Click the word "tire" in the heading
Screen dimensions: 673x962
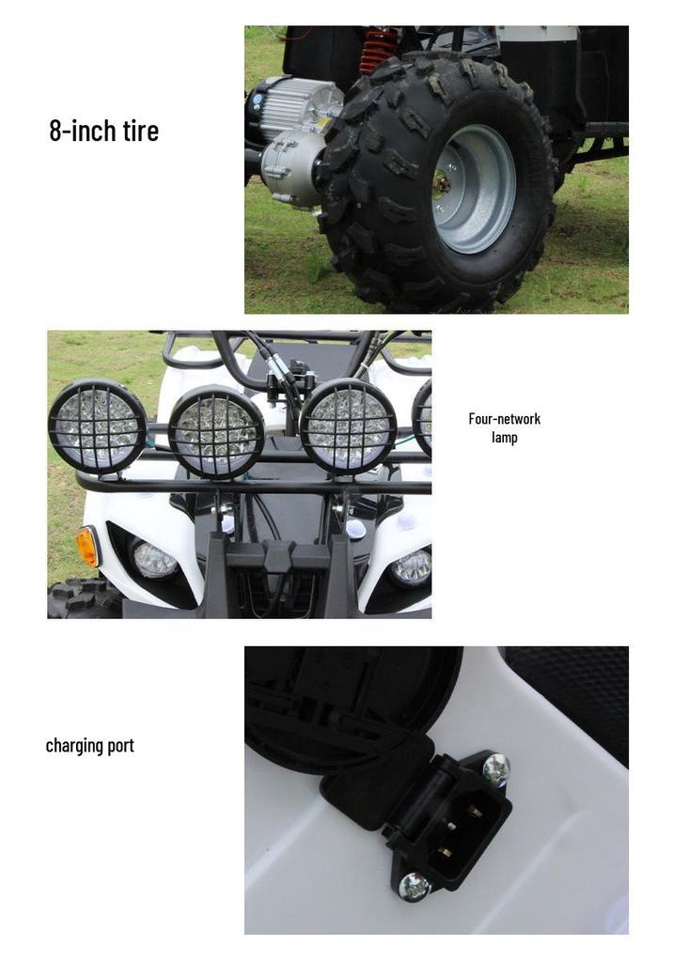[141, 131]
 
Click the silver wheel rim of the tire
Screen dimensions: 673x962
[472, 188]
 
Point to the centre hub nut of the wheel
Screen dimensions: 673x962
[442, 182]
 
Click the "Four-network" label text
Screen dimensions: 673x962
[504, 419]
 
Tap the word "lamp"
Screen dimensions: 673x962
[504, 438]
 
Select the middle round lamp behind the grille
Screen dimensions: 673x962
[216, 431]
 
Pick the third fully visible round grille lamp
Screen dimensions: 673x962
[348, 427]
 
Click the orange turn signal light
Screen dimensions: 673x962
[87, 546]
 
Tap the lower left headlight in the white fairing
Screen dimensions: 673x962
[155, 560]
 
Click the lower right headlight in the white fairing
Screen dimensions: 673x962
[412, 566]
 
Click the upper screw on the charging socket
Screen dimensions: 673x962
[495, 769]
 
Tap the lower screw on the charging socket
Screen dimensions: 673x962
[415, 886]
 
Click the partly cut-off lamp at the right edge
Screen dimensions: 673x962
[422, 417]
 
